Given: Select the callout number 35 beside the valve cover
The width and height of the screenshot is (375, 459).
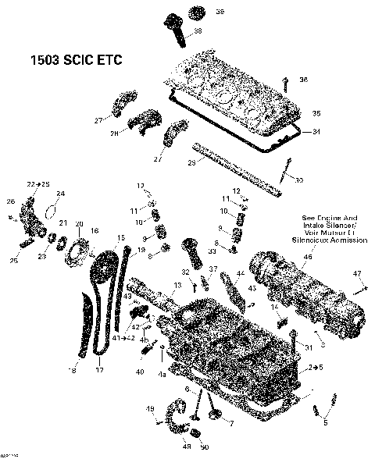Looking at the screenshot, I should (316, 113).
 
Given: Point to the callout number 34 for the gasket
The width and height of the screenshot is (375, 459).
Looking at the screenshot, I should (316, 131).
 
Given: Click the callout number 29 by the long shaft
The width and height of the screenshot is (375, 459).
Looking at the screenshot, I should (191, 162).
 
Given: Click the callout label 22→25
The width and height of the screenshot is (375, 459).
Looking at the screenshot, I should (37, 183).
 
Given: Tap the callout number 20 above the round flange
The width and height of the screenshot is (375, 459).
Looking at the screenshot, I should (78, 224).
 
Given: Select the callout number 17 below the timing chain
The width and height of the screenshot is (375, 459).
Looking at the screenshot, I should (99, 370).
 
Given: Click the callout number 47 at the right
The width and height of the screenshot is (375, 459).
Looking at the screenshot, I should (357, 273).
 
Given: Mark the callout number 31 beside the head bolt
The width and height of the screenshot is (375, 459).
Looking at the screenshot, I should (309, 347).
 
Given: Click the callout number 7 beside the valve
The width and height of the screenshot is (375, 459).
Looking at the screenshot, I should (230, 423).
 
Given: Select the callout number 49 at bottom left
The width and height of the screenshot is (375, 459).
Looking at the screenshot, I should (150, 409).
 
